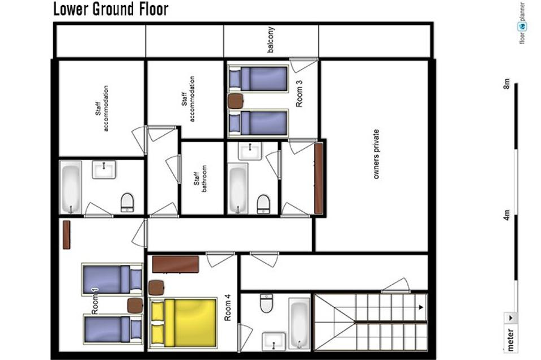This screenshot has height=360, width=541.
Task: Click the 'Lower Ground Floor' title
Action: tap(111, 9)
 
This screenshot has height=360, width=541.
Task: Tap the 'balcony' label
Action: tap(271, 40)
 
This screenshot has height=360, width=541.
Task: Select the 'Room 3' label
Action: tap(299, 93)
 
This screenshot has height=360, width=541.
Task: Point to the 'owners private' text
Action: tap(376, 154)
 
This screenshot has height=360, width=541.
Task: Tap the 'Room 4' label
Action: tap(228, 307)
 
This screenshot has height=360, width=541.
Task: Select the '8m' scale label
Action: tap(506, 84)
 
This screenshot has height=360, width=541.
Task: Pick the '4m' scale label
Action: tap(506, 215)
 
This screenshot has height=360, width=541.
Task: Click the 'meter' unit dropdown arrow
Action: tap(510, 318)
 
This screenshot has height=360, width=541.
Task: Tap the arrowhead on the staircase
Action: tap(421, 307)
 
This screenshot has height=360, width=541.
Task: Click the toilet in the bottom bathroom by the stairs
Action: tap(266, 303)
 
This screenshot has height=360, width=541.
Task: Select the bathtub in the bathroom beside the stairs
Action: tap(299, 323)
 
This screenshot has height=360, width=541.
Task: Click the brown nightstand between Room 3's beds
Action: tap(236, 101)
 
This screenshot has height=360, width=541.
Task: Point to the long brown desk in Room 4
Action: tap(175, 264)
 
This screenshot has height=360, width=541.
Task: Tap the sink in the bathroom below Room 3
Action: tap(249, 151)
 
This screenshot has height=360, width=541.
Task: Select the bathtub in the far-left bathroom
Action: tap(71, 187)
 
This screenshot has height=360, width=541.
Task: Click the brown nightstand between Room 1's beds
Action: tap(135, 305)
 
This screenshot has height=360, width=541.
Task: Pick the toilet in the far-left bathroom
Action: tap(127, 203)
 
